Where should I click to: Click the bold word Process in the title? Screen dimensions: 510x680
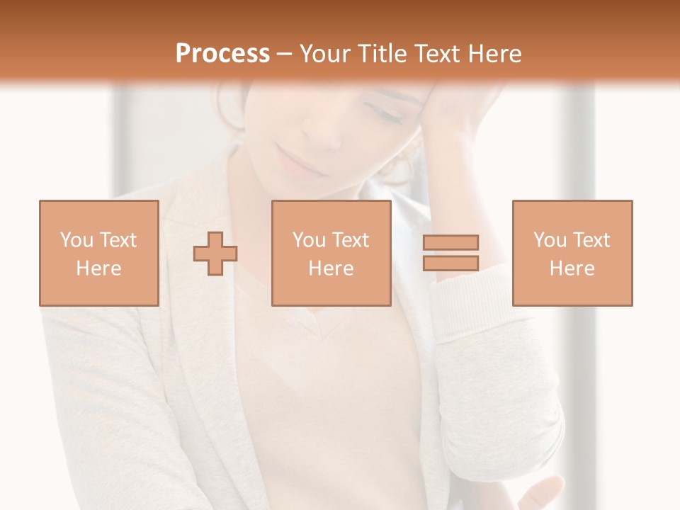coord(222,54)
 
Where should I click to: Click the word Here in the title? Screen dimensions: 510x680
coord(493,54)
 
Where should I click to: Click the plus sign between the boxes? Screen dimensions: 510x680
coord(215,254)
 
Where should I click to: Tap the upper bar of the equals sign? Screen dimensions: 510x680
coord(451,242)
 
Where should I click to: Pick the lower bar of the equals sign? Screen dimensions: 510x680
coord(451,263)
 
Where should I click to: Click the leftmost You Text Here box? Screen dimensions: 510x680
coord(99,253)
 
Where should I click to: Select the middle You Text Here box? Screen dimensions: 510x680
coord(331,253)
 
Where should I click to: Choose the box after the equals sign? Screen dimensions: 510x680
coord(572,253)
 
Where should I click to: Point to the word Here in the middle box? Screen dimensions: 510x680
coord(331,268)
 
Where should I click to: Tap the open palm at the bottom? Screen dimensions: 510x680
coord(538,492)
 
